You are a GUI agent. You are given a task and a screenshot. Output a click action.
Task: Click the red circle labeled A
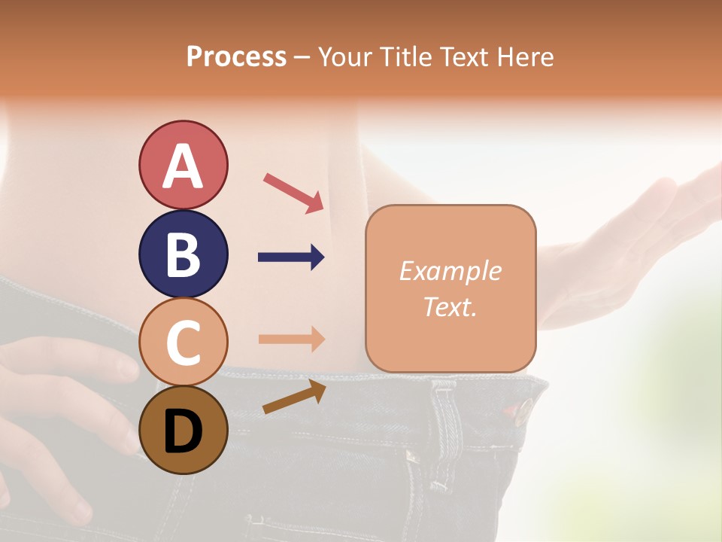183,165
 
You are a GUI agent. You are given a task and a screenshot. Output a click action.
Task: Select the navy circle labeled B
183,254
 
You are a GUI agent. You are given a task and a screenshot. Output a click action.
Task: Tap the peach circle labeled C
183,342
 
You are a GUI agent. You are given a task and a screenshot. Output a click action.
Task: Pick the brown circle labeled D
183,430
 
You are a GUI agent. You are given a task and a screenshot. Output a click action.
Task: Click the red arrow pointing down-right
293,192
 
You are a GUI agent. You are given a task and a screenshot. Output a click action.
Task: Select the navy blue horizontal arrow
291,257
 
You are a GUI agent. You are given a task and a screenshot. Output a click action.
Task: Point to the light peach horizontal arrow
291,339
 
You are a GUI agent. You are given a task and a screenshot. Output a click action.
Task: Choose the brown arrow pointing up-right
294,397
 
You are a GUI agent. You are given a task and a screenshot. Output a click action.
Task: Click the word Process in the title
236,56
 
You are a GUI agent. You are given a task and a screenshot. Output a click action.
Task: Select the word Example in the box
450,271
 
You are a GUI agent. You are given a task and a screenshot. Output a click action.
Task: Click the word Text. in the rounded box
450,306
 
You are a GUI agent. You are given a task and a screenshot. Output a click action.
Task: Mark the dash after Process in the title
302,57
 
